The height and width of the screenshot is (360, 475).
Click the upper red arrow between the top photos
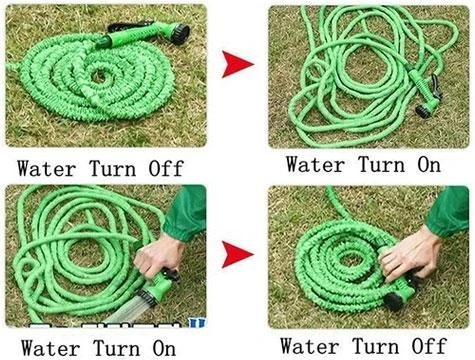238,66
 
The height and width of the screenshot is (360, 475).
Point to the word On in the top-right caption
427,163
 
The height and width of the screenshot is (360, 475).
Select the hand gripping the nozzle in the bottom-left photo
155,262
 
